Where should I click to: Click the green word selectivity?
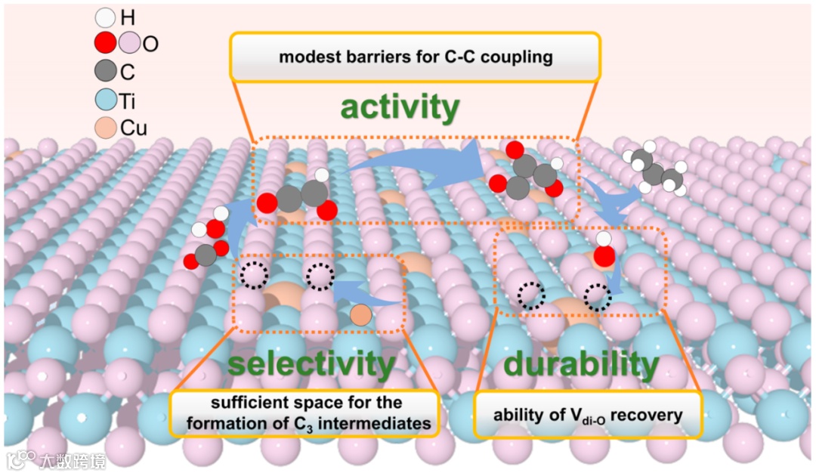(311, 365)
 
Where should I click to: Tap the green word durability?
(581, 365)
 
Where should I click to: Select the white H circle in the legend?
(107, 17)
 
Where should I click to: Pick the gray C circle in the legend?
(107, 71)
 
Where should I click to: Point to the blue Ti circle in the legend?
(107, 99)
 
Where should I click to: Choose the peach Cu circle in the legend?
(107, 127)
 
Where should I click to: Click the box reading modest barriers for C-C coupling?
(415, 57)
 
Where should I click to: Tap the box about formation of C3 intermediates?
(306, 413)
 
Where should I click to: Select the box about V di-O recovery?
(588, 414)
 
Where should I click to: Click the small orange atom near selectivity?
(362, 315)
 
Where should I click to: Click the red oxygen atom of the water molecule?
(604, 257)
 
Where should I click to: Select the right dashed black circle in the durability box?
(598, 297)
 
